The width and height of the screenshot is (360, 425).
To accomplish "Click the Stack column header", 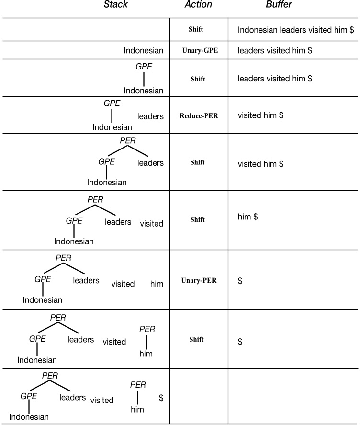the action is click(x=116, y=4).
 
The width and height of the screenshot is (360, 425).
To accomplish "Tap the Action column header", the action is click(x=198, y=4).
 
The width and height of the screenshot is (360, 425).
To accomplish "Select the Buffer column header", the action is click(x=279, y=4).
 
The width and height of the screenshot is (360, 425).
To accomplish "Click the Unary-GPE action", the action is click(x=200, y=50).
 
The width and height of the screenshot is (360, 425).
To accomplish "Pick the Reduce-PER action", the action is click(x=199, y=116).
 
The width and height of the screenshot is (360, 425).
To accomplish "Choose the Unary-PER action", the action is click(x=199, y=280).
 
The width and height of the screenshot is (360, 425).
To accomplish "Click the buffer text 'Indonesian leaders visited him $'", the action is click(x=296, y=30).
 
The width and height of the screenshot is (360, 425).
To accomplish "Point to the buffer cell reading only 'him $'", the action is click(x=247, y=217).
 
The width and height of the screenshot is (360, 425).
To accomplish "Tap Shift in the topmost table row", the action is click(x=196, y=29).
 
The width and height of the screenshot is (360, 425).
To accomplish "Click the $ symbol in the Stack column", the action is click(x=161, y=398).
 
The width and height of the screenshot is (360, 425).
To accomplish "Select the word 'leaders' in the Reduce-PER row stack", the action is click(x=150, y=116).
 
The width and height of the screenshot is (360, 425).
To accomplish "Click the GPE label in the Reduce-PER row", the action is click(x=112, y=103).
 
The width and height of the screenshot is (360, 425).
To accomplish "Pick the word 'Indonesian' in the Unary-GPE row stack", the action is click(x=144, y=51).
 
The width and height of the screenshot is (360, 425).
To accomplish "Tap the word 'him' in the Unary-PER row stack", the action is click(x=157, y=284).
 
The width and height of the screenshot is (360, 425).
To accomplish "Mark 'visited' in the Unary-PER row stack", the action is click(x=123, y=284).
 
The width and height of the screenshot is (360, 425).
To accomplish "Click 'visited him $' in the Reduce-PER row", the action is click(x=260, y=115).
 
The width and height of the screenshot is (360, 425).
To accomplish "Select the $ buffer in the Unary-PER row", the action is click(x=240, y=281).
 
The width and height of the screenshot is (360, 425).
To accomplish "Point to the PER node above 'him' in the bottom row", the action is click(x=138, y=385).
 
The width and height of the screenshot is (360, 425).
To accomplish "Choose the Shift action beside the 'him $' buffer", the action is click(x=197, y=219).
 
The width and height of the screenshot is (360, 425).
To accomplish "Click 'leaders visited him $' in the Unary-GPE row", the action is click(x=275, y=50).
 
